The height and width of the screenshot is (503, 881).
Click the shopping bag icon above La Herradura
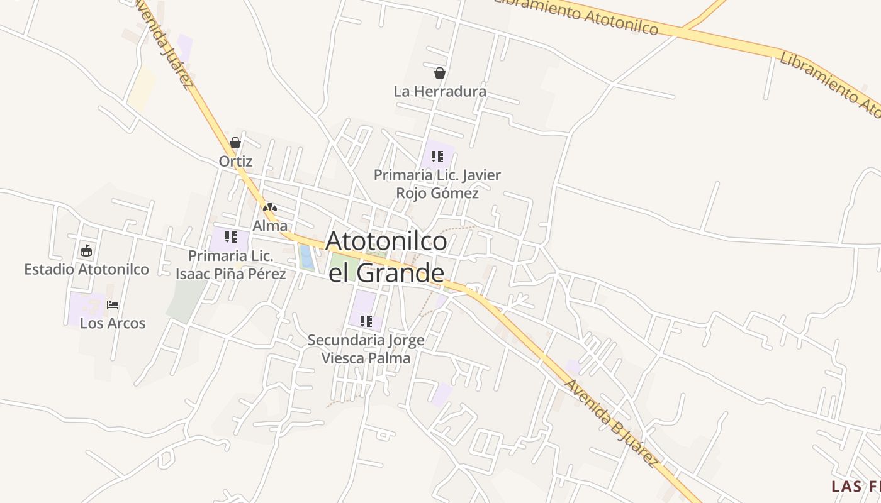coord(440,73)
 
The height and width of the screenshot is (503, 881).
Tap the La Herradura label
coord(440,91)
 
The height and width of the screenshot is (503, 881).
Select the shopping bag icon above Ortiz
coord(235,143)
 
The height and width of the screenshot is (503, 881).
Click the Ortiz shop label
coord(235,161)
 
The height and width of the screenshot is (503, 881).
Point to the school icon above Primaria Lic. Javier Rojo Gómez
coord(437,156)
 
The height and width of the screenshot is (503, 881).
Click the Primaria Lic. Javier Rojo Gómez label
coord(437,184)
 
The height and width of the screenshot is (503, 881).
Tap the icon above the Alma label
coord(270,207)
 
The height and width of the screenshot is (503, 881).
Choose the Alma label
coord(270,226)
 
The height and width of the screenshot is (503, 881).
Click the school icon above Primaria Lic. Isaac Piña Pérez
coord(231,237)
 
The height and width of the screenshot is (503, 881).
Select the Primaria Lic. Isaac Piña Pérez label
coord(231,265)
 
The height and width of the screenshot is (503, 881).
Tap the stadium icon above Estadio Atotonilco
coord(86,251)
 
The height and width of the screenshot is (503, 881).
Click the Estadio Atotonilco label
coord(86,269)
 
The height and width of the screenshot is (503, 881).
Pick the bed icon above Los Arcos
coord(113,305)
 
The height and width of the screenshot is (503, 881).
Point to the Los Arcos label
coord(113,323)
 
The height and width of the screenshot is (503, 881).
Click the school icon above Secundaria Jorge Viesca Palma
coord(366,321)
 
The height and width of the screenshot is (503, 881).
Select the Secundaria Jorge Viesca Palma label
coord(366,349)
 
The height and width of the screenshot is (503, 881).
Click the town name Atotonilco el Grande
coord(386,257)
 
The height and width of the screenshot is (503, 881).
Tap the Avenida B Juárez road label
coord(611,423)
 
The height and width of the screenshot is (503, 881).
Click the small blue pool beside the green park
coord(306,258)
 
